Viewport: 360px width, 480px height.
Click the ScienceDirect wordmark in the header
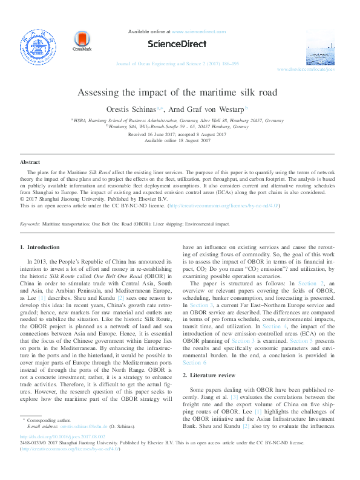179,44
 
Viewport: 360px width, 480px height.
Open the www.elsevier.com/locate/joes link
322,70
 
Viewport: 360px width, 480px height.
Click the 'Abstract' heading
30,163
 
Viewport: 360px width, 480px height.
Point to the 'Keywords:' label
30,224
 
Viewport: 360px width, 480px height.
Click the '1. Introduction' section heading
40,247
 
